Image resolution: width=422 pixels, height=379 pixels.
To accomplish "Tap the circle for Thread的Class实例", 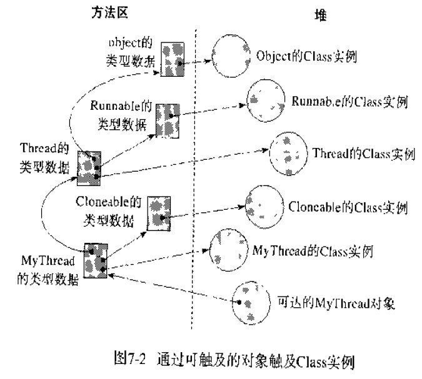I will (288, 153).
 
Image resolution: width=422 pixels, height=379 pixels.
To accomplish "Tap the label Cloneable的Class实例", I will (348, 206).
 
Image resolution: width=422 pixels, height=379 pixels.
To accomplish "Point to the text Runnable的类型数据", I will (119, 115).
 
